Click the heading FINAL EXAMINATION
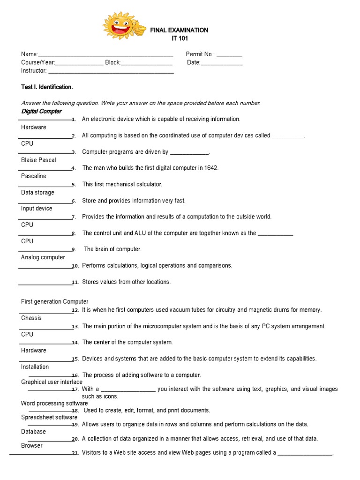(179, 30)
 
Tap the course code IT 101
(179, 37)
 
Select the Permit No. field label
(200, 54)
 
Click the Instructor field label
(34, 71)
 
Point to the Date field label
(194, 62)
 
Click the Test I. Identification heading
(47, 87)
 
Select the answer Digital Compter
(41, 111)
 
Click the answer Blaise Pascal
(38, 160)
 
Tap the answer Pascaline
(34, 176)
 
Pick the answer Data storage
(37, 192)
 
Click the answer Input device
(37, 208)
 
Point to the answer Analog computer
(43, 257)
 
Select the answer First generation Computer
(55, 301)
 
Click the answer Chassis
(31, 318)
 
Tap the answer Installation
(35, 367)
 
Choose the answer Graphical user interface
(52, 382)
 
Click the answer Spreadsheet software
(49, 417)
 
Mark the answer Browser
(32, 445)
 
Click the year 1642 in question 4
(210, 168)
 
